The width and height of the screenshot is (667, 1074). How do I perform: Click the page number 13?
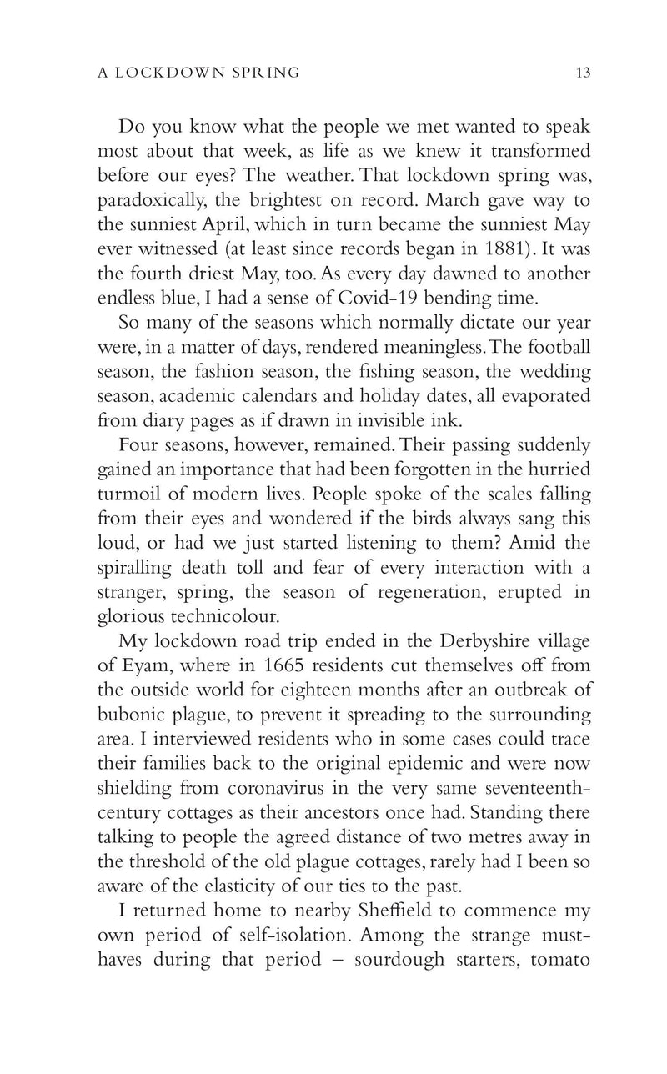[x=582, y=73]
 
